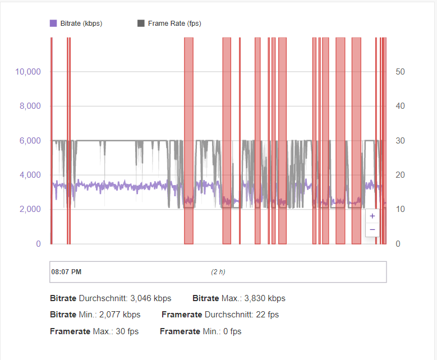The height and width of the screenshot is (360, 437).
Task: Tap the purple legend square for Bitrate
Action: [x=53, y=24]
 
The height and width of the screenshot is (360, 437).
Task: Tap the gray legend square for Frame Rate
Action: [x=141, y=24]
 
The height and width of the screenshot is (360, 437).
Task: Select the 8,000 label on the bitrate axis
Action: [x=30, y=106]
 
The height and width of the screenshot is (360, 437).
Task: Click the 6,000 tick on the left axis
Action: [x=30, y=141]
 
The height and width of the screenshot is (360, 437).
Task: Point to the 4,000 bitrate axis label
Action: [x=30, y=175]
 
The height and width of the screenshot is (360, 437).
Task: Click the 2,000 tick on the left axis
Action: [x=30, y=209]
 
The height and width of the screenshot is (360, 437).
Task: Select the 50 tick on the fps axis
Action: [x=400, y=72]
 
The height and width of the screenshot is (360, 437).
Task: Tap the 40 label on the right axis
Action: [x=400, y=106]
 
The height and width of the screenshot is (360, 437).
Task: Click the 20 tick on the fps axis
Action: [x=400, y=175]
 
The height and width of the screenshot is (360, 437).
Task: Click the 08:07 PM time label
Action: [x=66, y=272]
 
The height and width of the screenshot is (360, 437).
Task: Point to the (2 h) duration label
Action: [x=218, y=272]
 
